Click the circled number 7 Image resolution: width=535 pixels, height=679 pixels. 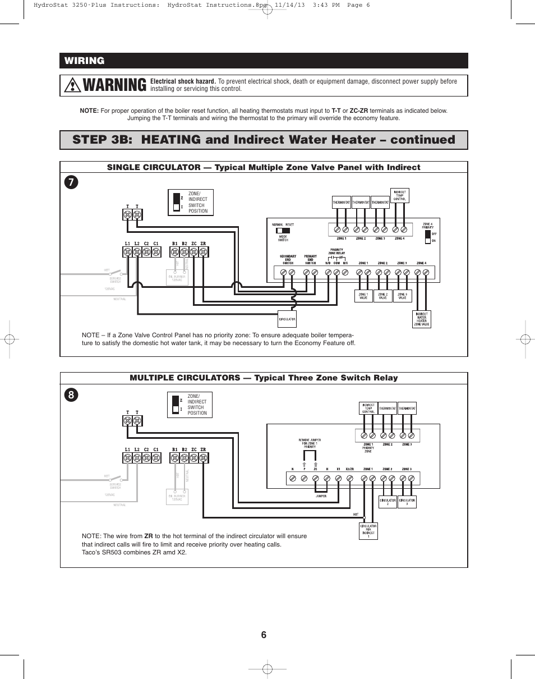coord(71,182)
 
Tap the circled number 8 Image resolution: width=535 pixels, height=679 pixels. coord(71,394)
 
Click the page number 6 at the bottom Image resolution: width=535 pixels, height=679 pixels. coord(264,635)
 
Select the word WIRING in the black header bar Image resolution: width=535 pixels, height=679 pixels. coord(84,61)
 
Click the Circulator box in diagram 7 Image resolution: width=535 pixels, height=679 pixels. coord(287,319)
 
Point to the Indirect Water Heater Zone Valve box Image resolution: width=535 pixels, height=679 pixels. coord(422,318)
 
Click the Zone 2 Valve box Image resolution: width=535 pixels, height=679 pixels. coord(382,296)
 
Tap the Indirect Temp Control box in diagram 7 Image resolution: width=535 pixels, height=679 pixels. coord(400,195)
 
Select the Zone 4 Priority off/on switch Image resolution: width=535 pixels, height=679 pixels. coord(428,236)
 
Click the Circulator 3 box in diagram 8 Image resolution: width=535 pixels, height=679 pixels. coord(407,502)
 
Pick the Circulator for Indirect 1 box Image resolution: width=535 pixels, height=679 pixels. coord(368,531)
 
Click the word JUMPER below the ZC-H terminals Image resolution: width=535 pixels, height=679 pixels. coord(321,496)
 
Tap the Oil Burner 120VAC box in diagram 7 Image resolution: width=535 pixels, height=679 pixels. coord(177,277)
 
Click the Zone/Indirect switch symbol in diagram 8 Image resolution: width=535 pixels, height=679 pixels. coord(175,405)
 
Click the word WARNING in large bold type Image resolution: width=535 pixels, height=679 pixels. coord(114,85)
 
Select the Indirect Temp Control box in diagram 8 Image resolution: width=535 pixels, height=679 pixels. coord(368,408)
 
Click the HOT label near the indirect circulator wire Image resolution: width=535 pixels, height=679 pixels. coord(356,514)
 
